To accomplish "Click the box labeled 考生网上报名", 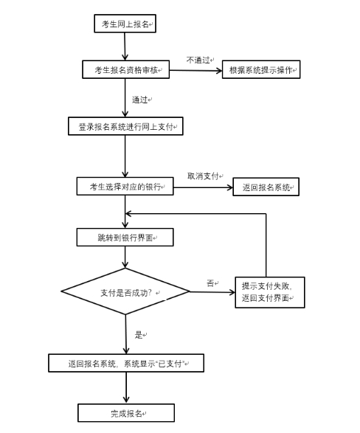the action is pyautogui.click(x=125, y=24).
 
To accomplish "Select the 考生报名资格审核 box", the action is pyautogui.click(x=126, y=69).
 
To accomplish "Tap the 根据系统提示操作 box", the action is pyautogui.click(x=261, y=69).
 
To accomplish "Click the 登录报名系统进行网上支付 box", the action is pyautogui.click(x=125, y=126).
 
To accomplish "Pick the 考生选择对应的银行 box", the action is pyautogui.click(x=125, y=187).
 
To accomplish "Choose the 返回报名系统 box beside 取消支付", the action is pyautogui.click(x=266, y=187).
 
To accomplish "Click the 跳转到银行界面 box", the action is pyautogui.click(x=125, y=238).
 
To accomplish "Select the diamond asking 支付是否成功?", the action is pyautogui.click(x=125, y=291).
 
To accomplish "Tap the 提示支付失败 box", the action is pyautogui.click(x=270, y=292).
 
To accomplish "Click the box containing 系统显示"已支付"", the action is pyautogui.click(x=126, y=363).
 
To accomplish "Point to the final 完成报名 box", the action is pyautogui.click(x=126, y=413).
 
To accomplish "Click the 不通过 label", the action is pyautogui.click(x=198, y=60).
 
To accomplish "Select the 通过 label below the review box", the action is pyautogui.click(x=139, y=100).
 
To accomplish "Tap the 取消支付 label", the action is pyautogui.click(x=203, y=176).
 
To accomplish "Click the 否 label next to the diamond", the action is pyautogui.click(x=210, y=283).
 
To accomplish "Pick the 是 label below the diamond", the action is pyautogui.click(x=139, y=335).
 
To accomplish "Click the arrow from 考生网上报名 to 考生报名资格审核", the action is pyautogui.click(x=125, y=46).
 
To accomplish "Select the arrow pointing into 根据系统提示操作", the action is pyautogui.click(x=196, y=70).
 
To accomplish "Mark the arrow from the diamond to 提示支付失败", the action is pyautogui.click(x=212, y=292).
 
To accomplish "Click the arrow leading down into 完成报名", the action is pyautogui.click(x=126, y=388).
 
